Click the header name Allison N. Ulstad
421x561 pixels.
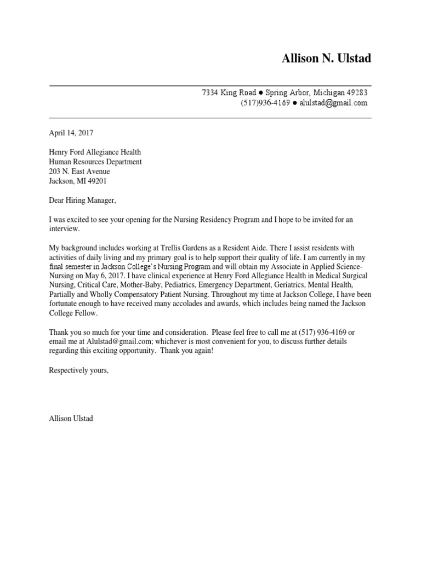pyautogui.click(x=326, y=59)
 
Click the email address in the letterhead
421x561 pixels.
pyautogui.click(x=335, y=103)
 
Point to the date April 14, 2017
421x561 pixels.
pyautogui.click(x=71, y=133)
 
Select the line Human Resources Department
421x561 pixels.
pyautogui.click(x=95, y=162)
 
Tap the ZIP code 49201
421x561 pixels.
pyautogui.click(x=104, y=181)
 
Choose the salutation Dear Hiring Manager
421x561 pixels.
pyautogui.click(x=83, y=201)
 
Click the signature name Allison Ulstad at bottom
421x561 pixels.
pyautogui.click(x=71, y=419)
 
